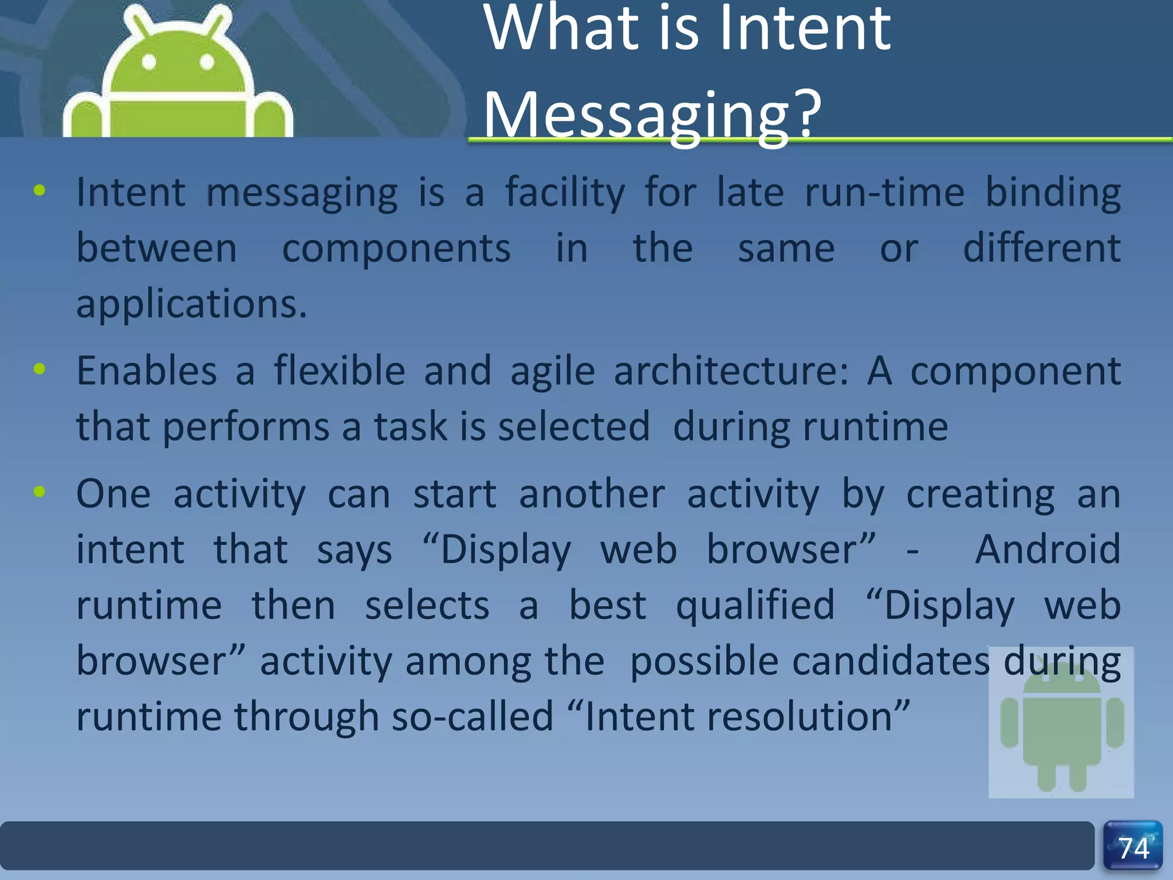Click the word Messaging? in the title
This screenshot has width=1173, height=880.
(x=652, y=115)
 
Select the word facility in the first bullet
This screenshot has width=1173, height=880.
(x=565, y=193)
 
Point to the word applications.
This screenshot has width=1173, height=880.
(x=192, y=304)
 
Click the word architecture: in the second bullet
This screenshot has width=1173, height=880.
(x=731, y=371)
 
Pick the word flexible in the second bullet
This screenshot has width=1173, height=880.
(x=340, y=371)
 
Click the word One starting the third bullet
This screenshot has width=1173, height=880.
(x=113, y=494)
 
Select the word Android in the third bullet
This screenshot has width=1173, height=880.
(x=1048, y=549)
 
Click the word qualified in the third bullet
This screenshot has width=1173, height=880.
(x=755, y=606)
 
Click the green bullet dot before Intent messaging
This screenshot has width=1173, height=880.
(x=40, y=191)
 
